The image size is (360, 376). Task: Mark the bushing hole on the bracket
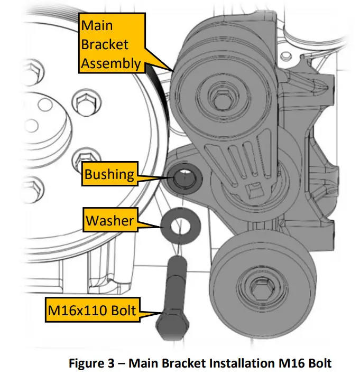click(x=186, y=178)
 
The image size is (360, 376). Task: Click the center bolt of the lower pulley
click(x=259, y=289)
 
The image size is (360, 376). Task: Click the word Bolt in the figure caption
click(x=317, y=363)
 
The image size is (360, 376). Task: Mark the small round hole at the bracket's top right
click(x=287, y=54)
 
